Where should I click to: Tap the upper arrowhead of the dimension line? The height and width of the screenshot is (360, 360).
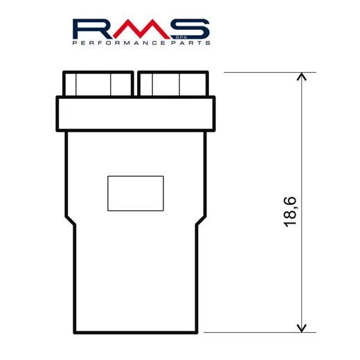(301, 78)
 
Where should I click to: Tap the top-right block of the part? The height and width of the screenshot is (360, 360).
(172, 84)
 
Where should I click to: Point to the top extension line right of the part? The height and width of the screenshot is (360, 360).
(263, 72)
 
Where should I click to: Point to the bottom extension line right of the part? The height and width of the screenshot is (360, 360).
(263, 332)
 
